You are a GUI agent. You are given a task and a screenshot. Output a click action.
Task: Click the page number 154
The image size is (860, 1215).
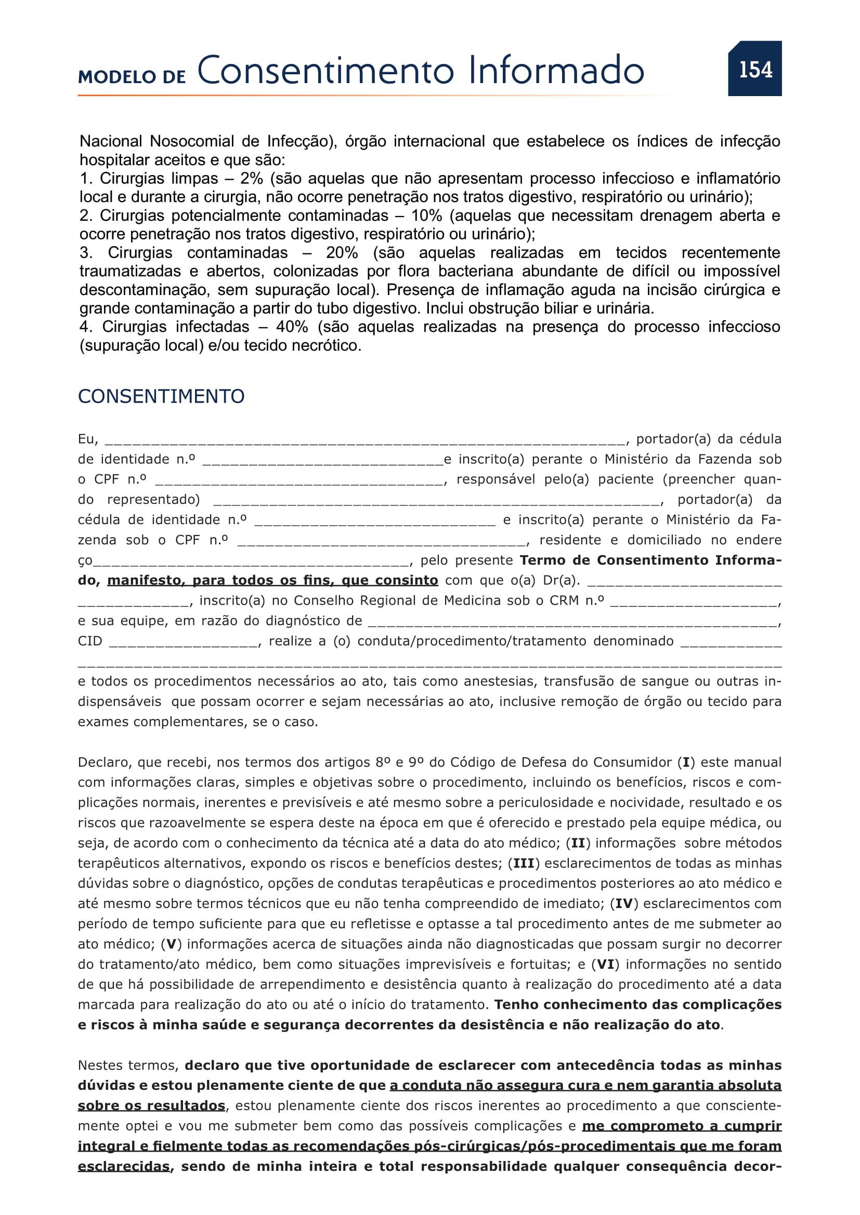755,69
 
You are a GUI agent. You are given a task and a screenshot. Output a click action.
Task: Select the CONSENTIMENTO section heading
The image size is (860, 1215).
161,396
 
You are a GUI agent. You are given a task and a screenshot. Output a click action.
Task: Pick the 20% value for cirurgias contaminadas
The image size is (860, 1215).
342,252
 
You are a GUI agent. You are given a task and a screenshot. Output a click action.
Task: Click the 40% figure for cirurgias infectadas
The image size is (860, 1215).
292,327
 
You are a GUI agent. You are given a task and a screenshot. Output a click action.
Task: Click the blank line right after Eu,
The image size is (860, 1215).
364,440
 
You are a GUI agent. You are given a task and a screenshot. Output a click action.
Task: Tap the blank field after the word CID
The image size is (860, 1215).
184,642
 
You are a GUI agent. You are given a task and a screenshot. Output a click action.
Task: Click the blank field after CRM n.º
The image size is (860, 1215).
693,602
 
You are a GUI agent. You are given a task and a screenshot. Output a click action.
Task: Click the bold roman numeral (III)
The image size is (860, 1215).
524,863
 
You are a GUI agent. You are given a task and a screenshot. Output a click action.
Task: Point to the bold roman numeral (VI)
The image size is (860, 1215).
605,964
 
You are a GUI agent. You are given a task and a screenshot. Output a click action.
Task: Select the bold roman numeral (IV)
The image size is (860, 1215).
624,903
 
